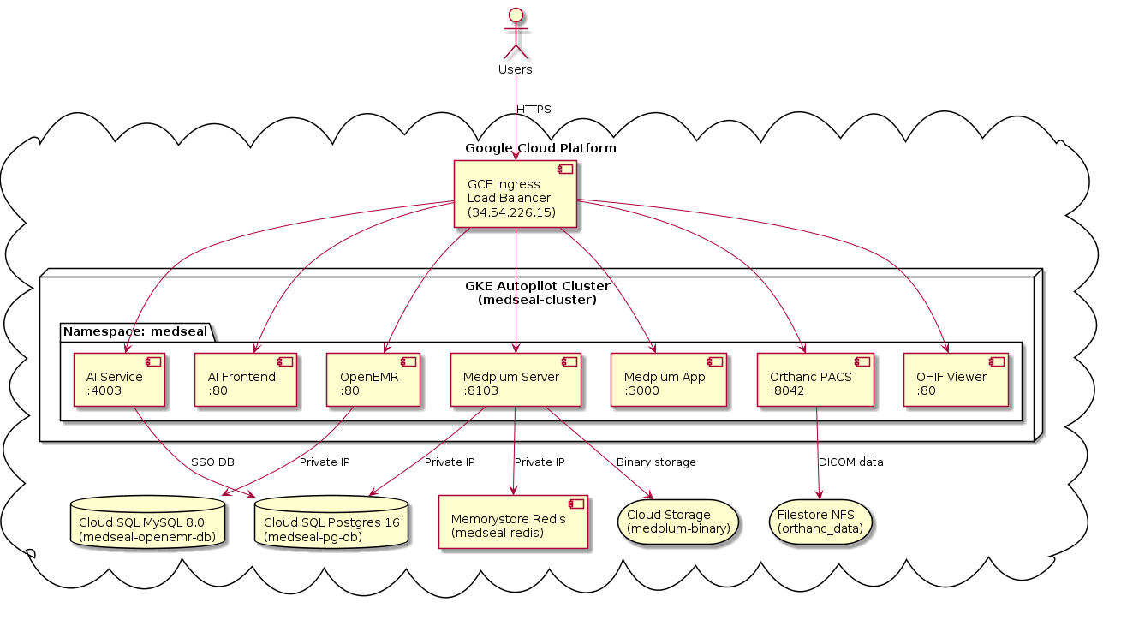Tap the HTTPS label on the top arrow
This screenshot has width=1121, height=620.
coord(534,110)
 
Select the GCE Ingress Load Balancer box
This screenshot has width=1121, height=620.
coord(515,195)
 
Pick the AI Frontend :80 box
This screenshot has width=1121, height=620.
coord(246,379)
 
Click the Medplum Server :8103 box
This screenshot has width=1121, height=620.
coord(516,379)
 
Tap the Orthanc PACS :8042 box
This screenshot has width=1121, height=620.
coord(815,379)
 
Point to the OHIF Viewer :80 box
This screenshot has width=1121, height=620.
coord(956,379)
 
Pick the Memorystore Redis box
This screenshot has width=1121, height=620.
coord(513,522)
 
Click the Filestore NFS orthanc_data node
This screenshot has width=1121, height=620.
coord(820,522)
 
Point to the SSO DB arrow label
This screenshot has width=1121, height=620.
coord(212,462)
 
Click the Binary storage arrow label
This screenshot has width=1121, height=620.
coord(656,462)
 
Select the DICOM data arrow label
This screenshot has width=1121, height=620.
coord(850,462)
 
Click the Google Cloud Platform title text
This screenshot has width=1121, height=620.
coord(540,149)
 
